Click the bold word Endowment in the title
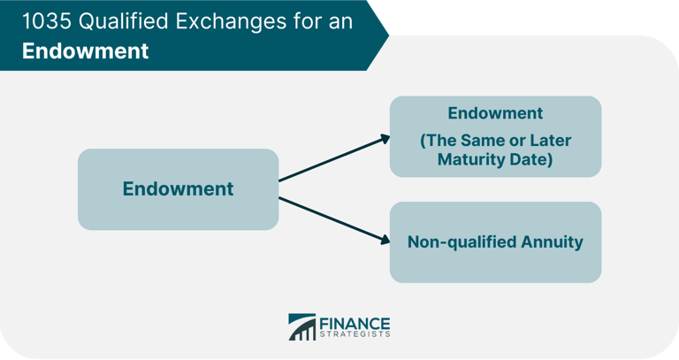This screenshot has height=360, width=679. click(x=85, y=50)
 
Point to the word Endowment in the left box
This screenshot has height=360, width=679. click(x=178, y=188)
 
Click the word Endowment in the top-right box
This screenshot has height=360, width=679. click(x=495, y=113)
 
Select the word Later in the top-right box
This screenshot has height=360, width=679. click(x=549, y=141)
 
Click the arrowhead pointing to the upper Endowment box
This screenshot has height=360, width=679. click(x=385, y=137)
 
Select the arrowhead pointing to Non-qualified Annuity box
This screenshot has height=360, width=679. click(x=385, y=240)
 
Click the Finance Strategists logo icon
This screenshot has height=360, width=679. click(x=301, y=327)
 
